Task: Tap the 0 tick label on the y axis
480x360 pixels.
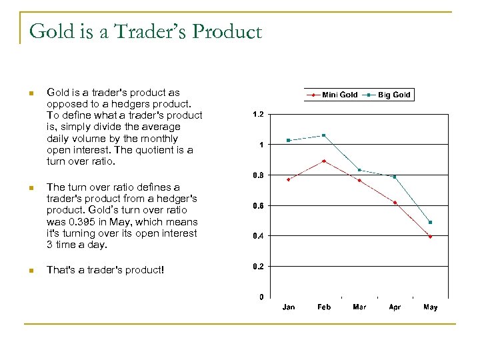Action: tap(261, 297)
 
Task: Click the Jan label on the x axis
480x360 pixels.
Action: tap(289, 307)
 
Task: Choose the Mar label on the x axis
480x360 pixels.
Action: tap(359, 307)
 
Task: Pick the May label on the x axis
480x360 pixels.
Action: tap(430, 307)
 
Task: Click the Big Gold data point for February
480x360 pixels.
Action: tap(324, 135)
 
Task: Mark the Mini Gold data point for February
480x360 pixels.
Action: tap(324, 161)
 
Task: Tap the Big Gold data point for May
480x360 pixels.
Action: tap(431, 222)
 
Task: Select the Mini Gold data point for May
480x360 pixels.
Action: tap(431, 237)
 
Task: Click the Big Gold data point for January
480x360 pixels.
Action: tap(289, 140)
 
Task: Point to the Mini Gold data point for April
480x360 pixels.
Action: tap(395, 202)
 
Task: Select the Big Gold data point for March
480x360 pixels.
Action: tap(359, 170)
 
